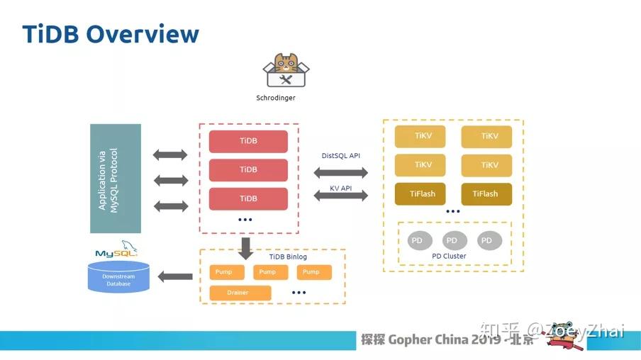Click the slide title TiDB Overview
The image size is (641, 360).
click(x=111, y=33)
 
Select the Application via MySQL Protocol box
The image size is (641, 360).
click(x=116, y=179)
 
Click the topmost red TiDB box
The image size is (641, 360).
click(x=248, y=141)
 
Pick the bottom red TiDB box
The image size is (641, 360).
click(x=248, y=198)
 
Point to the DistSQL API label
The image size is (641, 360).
click(x=341, y=156)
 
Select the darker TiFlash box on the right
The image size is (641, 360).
click(x=486, y=194)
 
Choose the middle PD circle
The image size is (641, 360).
click(x=455, y=241)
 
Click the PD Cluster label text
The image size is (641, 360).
click(x=449, y=257)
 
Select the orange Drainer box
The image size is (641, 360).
click(x=240, y=293)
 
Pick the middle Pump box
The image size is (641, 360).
click(x=267, y=272)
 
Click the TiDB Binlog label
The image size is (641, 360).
click(x=289, y=257)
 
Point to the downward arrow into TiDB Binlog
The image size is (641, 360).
click(x=246, y=247)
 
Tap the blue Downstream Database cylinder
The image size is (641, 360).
click(x=118, y=277)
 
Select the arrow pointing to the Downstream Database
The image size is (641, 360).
click(x=174, y=276)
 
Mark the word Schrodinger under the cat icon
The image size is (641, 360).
click(x=276, y=98)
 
